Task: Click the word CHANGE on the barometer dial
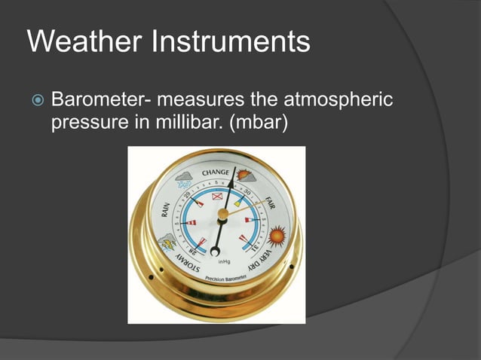215,173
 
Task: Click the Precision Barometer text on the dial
225,281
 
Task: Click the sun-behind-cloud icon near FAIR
246,177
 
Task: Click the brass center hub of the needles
222,215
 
